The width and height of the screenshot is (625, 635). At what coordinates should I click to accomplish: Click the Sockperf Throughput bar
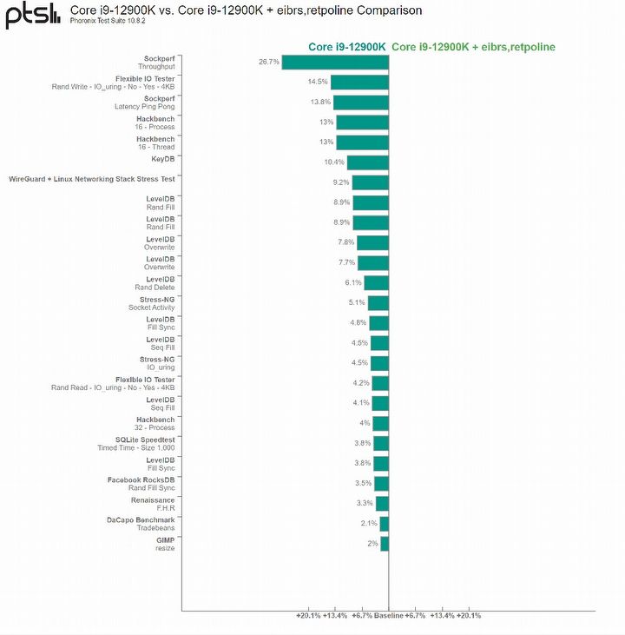point(334,62)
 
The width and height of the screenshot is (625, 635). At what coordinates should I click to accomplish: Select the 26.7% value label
point(268,62)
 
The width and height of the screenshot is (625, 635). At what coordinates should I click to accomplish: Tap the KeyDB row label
point(162,159)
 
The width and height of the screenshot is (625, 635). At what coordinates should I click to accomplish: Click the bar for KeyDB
point(367,162)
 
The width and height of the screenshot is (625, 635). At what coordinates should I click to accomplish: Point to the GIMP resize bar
point(384,543)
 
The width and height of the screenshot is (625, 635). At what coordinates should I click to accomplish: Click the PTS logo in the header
point(33,15)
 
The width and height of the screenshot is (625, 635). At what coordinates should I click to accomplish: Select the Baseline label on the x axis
point(388,615)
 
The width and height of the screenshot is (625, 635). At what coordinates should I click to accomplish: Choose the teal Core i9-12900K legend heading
point(347,47)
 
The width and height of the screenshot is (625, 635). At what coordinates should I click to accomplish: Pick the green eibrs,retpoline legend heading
point(474,47)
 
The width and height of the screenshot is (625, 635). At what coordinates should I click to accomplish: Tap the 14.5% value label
point(317,82)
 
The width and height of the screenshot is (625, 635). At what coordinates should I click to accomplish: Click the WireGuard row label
point(92,179)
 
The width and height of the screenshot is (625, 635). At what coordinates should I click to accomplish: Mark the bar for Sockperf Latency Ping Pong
point(360,102)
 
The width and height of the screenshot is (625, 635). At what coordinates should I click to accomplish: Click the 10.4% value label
point(334,162)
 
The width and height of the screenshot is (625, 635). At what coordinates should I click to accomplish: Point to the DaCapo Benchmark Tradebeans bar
point(384,523)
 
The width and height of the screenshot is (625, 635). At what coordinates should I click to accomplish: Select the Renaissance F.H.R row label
point(152,504)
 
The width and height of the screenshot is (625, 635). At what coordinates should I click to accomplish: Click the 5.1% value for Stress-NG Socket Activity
point(357,302)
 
